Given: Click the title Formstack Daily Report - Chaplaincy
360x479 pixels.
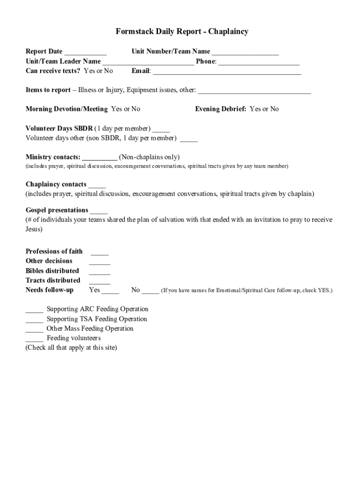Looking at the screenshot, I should (182, 32).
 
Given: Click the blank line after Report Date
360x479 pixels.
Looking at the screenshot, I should (86, 52).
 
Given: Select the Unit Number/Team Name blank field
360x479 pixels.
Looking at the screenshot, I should (245, 52).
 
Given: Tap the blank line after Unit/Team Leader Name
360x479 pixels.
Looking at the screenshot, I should (148, 62).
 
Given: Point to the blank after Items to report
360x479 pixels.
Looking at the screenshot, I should (254, 91).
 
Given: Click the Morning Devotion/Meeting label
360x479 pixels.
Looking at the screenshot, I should (67, 109).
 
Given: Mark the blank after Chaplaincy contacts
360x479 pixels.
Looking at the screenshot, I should (97, 185).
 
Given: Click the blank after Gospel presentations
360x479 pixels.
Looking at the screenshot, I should (99, 211).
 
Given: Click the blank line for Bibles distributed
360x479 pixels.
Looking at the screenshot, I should (100, 272).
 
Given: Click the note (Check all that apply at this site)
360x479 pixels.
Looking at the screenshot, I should (71, 348).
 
